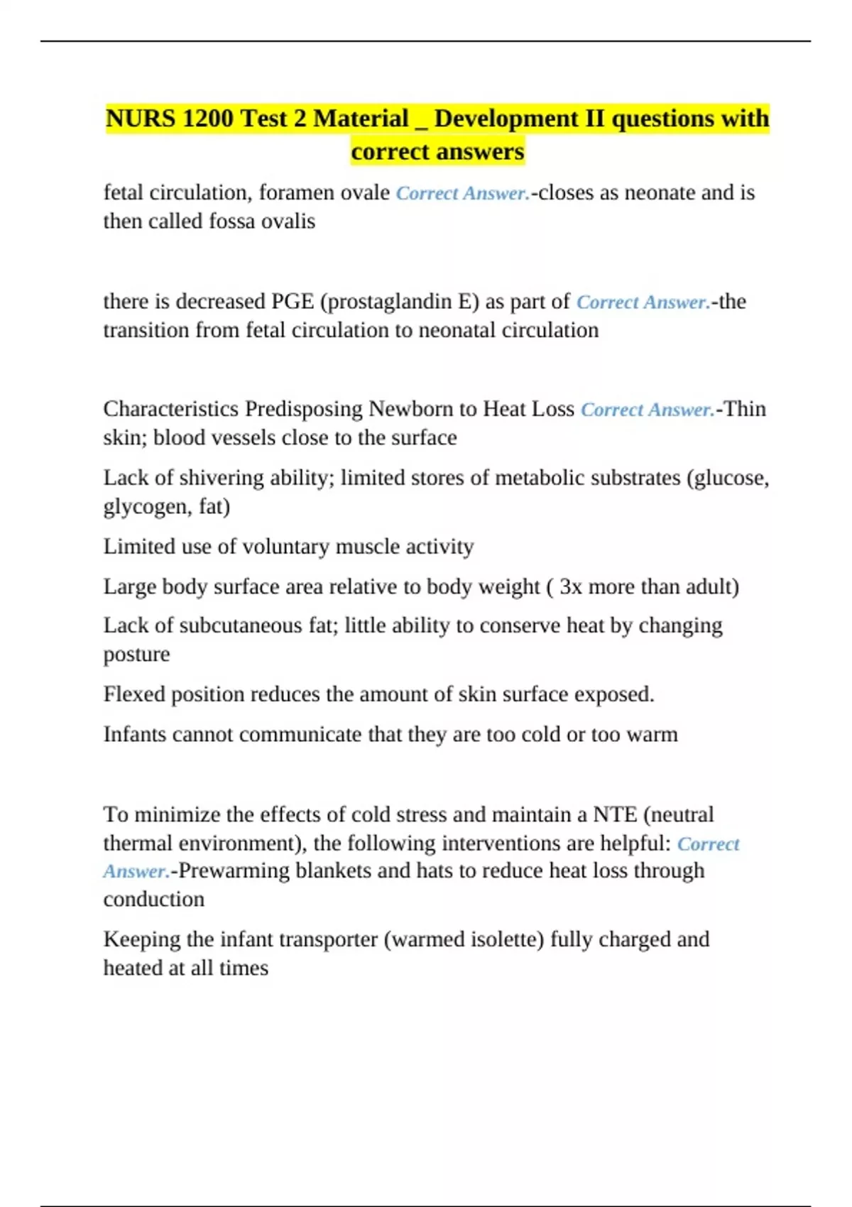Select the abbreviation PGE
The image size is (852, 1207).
pos(293,302)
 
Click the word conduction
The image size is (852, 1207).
pos(153,900)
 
